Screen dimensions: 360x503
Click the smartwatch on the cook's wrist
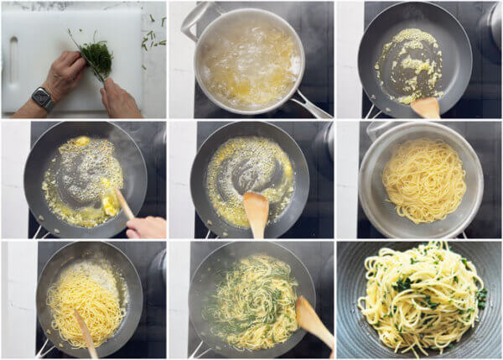[x=43, y=98]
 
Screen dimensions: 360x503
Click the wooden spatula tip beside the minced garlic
[x=427, y=107]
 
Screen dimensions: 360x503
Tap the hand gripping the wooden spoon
[x=147, y=227]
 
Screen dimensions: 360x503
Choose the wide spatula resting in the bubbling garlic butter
[x=257, y=210]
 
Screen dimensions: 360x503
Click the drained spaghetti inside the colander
[x=424, y=180]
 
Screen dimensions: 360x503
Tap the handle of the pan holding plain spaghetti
[x=42, y=348]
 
